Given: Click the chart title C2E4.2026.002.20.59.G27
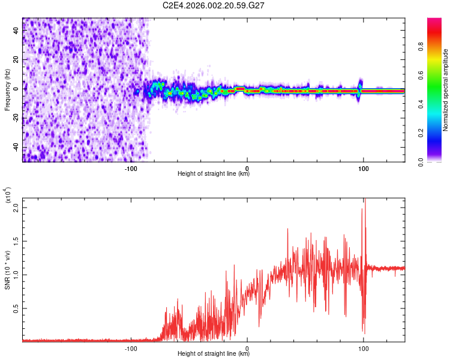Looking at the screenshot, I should pos(214,5).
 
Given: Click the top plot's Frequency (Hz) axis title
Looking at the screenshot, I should pos(7,90).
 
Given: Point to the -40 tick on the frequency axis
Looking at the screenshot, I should pos(16,148).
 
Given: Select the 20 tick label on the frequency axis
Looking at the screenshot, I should pos(16,60).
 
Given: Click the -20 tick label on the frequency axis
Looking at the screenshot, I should pos(16,118).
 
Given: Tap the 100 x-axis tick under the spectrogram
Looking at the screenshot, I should pos(363,169).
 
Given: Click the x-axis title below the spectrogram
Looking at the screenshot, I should pos(214,175).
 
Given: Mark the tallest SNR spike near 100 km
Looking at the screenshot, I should pos(364,199).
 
